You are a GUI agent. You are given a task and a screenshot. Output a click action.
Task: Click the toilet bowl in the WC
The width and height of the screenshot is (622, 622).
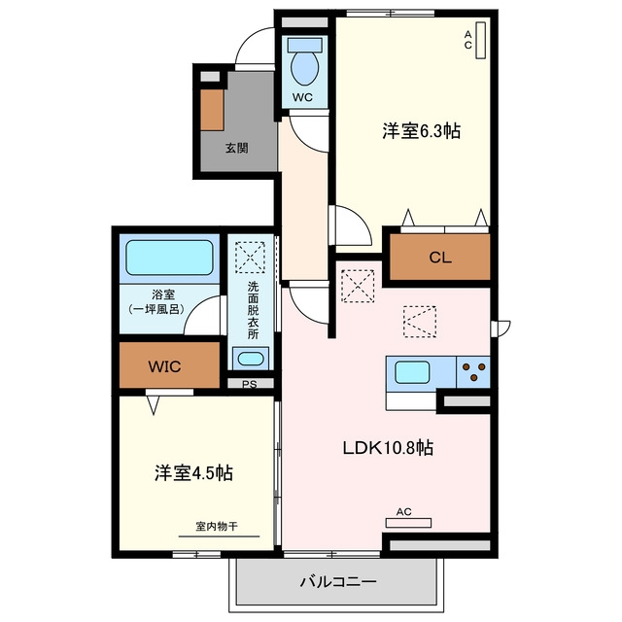pyautogui.click(x=304, y=68)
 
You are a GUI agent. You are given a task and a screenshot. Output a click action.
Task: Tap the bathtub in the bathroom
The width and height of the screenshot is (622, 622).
pyautogui.click(x=169, y=258)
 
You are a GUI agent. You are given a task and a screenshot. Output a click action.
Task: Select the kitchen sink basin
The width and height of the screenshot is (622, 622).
pyautogui.click(x=412, y=372)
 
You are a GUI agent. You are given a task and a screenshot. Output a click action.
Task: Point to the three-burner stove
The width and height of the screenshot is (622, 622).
pyautogui.click(x=473, y=372)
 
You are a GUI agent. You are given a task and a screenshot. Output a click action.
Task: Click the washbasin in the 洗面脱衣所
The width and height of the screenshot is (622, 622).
pyautogui.click(x=250, y=359)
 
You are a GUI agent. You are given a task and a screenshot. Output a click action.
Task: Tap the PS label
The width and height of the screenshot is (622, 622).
pyautogui.click(x=250, y=384)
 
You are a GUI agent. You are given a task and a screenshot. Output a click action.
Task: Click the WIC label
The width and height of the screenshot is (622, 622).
pyautogui.click(x=164, y=366)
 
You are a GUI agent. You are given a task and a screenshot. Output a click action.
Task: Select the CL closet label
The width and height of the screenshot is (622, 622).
pyautogui.click(x=440, y=258)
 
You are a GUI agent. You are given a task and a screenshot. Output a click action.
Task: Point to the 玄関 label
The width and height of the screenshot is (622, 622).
pyautogui.click(x=237, y=148)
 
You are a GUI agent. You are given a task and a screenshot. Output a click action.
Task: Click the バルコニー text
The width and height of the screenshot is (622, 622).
pyautogui.click(x=338, y=582)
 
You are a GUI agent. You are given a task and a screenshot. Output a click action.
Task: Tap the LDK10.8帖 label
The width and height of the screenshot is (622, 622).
pyautogui.click(x=388, y=448)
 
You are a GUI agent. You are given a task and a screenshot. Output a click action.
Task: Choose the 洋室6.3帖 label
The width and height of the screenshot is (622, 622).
pyautogui.click(x=421, y=131)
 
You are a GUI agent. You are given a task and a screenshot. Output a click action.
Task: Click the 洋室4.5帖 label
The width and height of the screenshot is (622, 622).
pyautogui.click(x=193, y=473)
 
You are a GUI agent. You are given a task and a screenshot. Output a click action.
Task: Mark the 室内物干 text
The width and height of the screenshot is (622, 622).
pyautogui.click(x=217, y=527)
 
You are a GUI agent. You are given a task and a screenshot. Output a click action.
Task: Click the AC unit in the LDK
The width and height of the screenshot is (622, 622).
pyautogui.click(x=408, y=523)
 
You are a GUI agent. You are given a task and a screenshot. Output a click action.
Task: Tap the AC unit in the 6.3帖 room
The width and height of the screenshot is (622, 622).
pyautogui.click(x=480, y=41)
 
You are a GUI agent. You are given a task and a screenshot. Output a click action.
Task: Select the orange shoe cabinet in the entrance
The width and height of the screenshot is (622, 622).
pyautogui.click(x=212, y=110)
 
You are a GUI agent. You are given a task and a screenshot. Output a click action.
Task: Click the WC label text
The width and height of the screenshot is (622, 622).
pyautogui.click(x=302, y=97)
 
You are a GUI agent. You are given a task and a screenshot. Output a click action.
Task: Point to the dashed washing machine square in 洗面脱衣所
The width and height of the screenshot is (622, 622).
pyautogui.click(x=250, y=258)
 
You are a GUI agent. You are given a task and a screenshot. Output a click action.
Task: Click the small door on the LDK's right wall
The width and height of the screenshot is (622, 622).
pyautogui.click(x=500, y=328)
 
